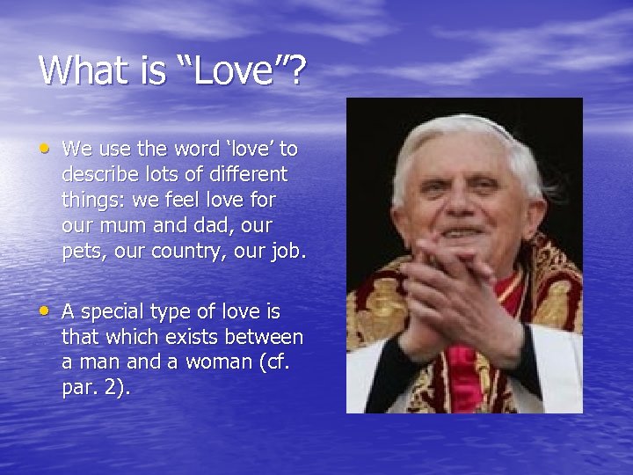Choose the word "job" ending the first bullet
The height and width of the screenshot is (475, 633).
[287, 251]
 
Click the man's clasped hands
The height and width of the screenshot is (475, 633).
[457, 290]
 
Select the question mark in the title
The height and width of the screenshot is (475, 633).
[296, 70]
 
